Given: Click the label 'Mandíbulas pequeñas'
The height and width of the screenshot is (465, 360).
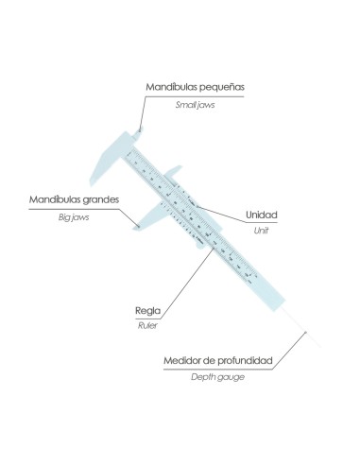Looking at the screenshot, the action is (x=195, y=87).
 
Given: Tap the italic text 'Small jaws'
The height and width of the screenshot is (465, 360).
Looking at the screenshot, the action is (x=195, y=105).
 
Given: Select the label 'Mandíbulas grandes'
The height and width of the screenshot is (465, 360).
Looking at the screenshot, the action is (x=74, y=199).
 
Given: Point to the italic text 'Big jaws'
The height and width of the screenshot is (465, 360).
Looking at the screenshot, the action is (x=74, y=217).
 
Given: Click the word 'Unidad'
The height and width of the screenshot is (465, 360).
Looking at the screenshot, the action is (x=262, y=215).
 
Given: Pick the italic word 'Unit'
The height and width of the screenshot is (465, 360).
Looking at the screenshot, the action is (x=261, y=231).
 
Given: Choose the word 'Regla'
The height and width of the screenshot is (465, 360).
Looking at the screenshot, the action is (x=147, y=311).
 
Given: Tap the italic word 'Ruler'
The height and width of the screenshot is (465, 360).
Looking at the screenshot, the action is (x=147, y=325).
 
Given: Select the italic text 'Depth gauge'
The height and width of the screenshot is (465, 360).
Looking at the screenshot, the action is (x=217, y=377).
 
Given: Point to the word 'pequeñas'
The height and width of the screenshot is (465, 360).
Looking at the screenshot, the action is (x=222, y=87).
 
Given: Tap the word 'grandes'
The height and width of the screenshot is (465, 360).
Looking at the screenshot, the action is (x=101, y=200).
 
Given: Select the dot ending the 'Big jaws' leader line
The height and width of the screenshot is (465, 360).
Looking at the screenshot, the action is (x=138, y=225).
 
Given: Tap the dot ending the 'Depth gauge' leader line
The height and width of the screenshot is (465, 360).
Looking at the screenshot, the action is (x=305, y=332).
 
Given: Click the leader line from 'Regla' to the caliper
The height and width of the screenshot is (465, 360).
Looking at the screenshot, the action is (x=188, y=283).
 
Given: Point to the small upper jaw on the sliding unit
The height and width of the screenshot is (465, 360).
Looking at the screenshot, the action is (x=174, y=172).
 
